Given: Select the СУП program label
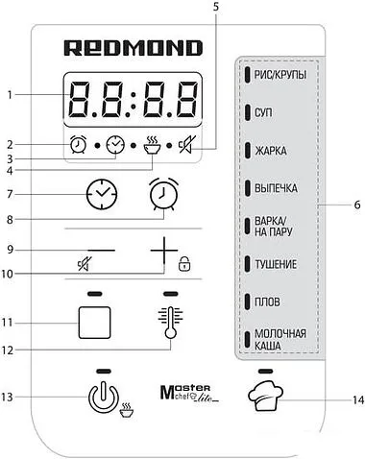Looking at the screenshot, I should click(x=263, y=112).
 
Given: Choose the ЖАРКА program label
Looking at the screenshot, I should click(x=269, y=151).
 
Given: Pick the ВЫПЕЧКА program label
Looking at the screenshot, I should click(x=273, y=188).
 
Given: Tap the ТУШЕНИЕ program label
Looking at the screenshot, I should click(x=276, y=263).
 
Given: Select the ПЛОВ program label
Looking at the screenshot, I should click(x=266, y=301).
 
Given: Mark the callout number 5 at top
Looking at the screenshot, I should click(x=216, y=8).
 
